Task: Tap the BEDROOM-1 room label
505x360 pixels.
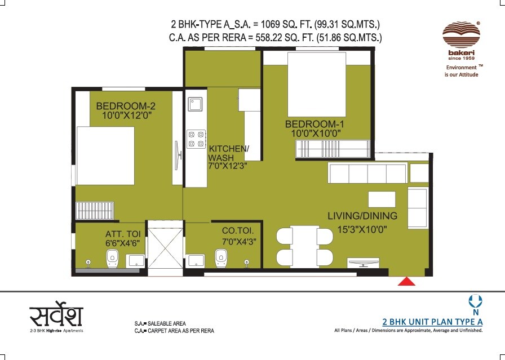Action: (x=313, y=124)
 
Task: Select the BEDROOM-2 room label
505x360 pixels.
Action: (x=125, y=106)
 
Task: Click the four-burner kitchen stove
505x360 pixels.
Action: (x=195, y=139)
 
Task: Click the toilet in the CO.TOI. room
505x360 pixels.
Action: (x=221, y=259)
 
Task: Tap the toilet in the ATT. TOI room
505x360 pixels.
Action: (x=111, y=259)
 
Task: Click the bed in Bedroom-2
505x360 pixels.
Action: (x=105, y=155)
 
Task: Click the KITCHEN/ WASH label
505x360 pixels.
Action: (x=228, y=153)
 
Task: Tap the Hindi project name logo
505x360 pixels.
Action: (x=56, y=315)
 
